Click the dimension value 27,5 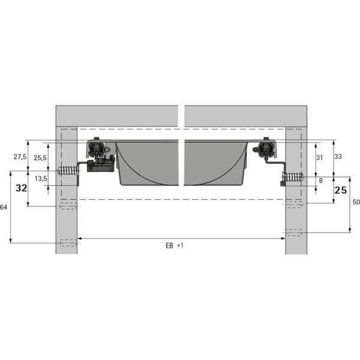[20, 157]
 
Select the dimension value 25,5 [40, 158]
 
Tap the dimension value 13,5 [41, 178]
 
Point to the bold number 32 [22, 188]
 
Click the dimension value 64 [4, 208]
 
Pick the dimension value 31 [319, 157]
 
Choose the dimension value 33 [338, 157]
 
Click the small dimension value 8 [321, 181]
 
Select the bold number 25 [340, 190]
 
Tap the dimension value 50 [356, 202]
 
